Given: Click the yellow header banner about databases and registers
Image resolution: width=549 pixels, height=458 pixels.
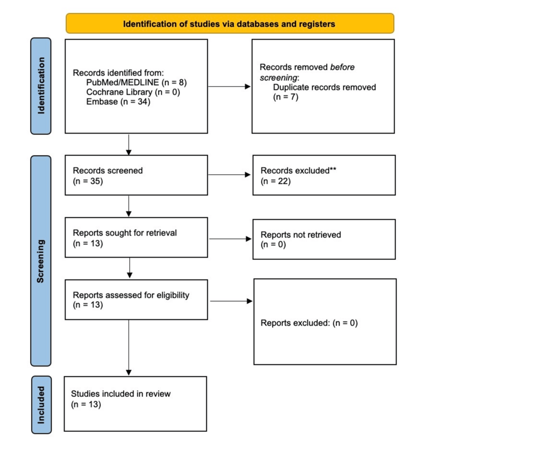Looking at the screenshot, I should (229, 24).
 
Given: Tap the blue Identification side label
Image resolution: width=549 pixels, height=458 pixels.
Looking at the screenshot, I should (41, 86).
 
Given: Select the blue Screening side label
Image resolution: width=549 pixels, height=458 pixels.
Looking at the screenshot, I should (41, 261).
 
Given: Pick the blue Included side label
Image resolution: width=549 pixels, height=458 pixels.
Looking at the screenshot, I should (41, 405).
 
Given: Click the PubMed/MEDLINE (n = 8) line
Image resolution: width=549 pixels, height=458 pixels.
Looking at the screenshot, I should (136, 82).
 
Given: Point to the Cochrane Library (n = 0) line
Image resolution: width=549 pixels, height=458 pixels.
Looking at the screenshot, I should (133, 92).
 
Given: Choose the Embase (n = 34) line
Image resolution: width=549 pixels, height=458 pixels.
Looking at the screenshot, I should (118, 101).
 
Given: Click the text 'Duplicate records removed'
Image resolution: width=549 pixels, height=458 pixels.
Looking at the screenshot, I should (325, 87).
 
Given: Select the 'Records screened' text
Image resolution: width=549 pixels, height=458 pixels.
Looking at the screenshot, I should (107, 171).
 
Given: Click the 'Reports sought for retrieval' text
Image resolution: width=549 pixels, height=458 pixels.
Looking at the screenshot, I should (125, 233).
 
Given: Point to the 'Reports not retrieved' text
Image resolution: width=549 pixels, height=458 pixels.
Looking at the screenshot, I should (301, 235).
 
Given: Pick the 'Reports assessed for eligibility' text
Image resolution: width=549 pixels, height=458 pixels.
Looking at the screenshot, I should (131, 295).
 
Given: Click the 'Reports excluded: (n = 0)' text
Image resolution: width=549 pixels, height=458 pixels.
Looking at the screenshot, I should (309, 322).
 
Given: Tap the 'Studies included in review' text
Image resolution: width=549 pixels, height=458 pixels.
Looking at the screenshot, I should (121, 394).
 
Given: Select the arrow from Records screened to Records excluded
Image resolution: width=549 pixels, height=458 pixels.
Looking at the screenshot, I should (229, 175).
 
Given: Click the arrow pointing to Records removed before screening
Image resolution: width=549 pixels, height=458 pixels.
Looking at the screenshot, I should (229, 86).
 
